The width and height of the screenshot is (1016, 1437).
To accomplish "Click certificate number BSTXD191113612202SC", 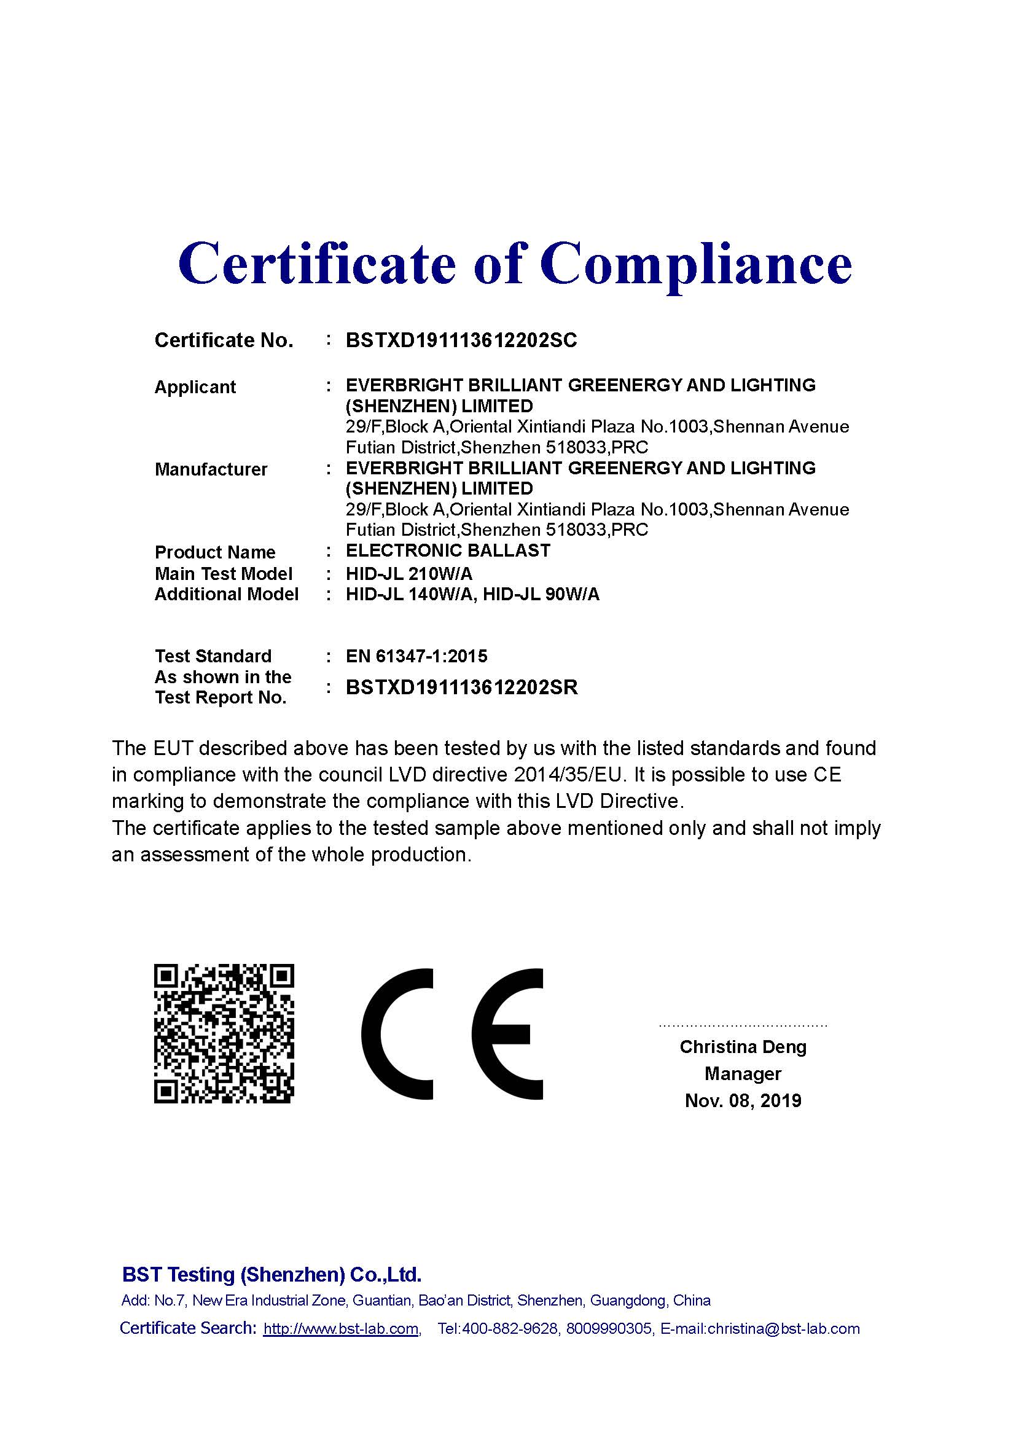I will (461, 340).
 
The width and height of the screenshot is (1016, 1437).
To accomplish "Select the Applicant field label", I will (195, 387).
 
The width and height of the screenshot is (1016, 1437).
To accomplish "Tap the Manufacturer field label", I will (211, 469).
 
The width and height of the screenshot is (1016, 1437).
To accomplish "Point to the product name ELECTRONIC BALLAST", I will (448, 550).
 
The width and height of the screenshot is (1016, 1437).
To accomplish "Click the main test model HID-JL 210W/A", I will (409, 573).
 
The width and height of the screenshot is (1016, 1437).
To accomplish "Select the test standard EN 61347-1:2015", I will (416, 656).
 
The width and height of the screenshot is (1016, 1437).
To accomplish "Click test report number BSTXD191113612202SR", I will (462, 687).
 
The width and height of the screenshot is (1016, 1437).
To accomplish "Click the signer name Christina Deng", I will (743, 1047).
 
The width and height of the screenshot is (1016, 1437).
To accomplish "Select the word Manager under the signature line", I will (743, 1074).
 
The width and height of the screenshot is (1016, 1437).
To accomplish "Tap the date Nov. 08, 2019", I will (743, 1101).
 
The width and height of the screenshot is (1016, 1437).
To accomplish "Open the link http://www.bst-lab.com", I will (341, 1329).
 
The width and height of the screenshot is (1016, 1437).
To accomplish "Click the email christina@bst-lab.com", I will (783, 1329).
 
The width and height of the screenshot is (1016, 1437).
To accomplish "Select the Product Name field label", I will (215, 552).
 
